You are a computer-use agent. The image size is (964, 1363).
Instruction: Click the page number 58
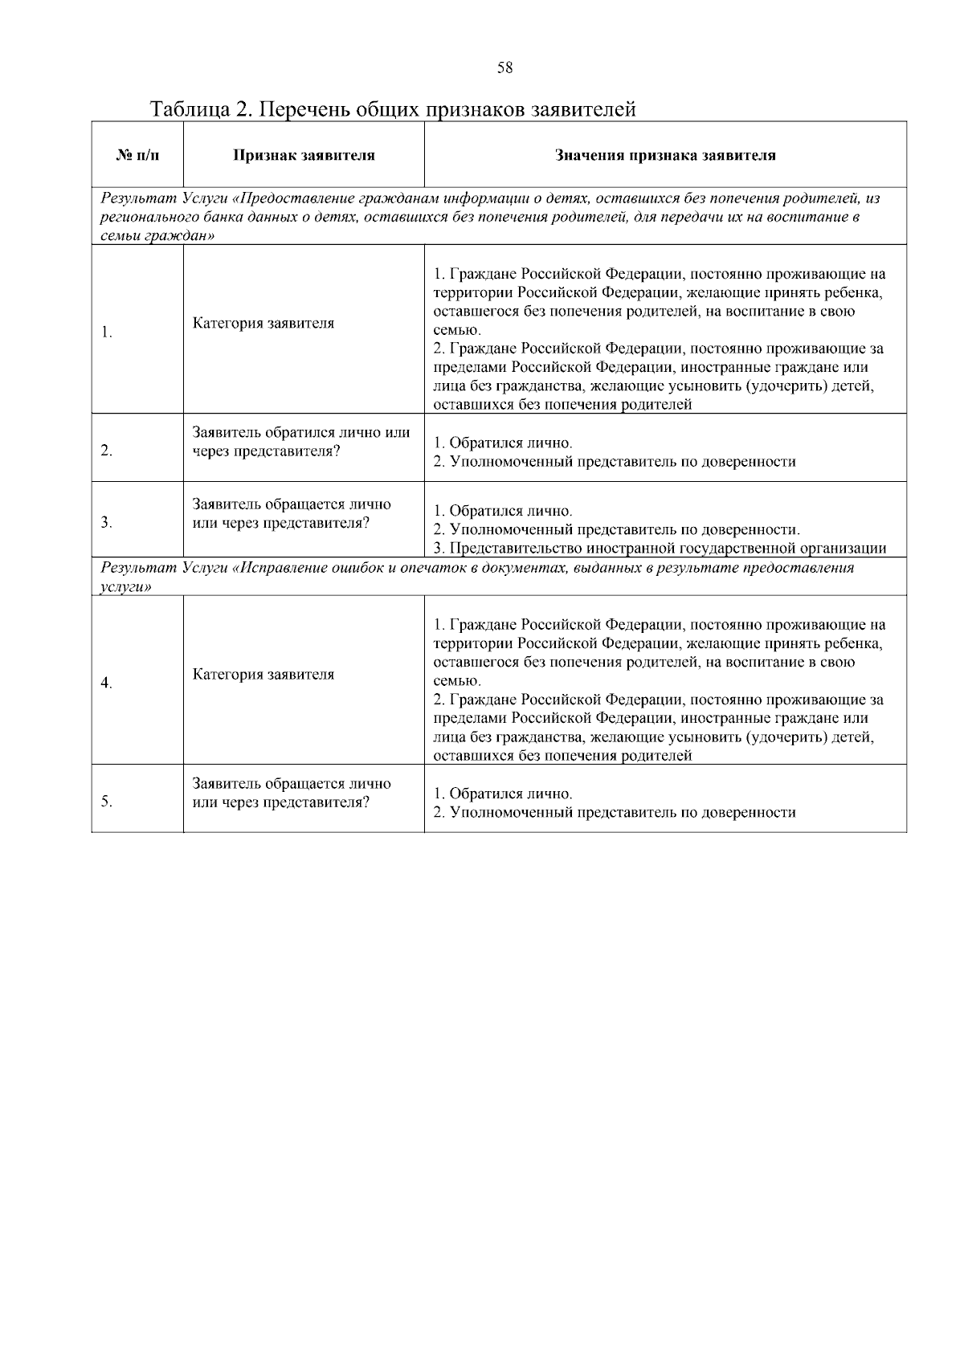pos(504,68)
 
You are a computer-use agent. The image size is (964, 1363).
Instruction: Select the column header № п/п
pos(137,155)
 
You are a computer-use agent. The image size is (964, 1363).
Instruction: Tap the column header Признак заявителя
pos(304,155)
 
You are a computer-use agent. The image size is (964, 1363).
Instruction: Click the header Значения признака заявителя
pos(665,155)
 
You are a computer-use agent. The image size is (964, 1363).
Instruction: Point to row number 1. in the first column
pos(106,333)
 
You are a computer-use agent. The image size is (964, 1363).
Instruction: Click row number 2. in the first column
pos(106,451)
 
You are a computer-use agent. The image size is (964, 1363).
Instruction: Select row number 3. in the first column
pos(106,523)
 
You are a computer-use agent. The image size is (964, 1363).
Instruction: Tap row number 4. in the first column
pos(106,683)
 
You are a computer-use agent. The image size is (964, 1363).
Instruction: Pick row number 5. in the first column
pos(106,802)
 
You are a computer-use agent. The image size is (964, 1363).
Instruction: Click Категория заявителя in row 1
pos(263,324)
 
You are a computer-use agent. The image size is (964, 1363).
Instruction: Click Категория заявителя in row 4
pos(263,675)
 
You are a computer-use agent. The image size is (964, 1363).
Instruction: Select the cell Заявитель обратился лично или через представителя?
pos(301,442)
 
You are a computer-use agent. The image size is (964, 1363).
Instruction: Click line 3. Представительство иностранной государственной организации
pos(660,549)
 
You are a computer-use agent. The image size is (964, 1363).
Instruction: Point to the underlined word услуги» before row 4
pos(126,587)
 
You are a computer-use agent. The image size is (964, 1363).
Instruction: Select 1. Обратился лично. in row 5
pos(503,794)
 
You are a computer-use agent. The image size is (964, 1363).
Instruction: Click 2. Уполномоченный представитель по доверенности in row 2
pos(615,462)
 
